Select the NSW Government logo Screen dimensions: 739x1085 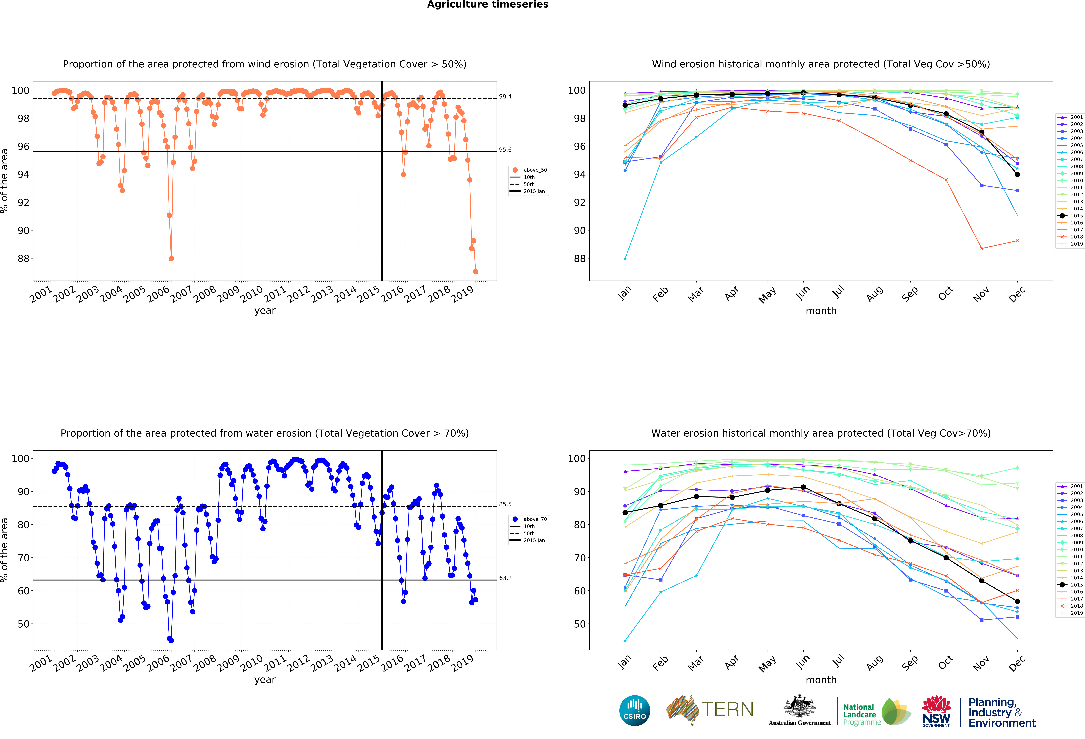(936, 711)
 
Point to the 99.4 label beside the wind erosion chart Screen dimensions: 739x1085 (505, 97)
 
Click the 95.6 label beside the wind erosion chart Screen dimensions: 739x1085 (505, 150)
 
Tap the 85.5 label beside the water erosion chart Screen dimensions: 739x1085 (505, 504)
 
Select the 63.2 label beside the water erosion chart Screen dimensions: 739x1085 (505, 578)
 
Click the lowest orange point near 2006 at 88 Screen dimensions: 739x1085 (171, 258)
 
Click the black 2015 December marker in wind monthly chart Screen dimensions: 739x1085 (1017, 174)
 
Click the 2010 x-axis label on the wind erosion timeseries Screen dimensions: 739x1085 (252, 294)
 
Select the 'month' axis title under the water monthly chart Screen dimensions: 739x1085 (821, 680)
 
